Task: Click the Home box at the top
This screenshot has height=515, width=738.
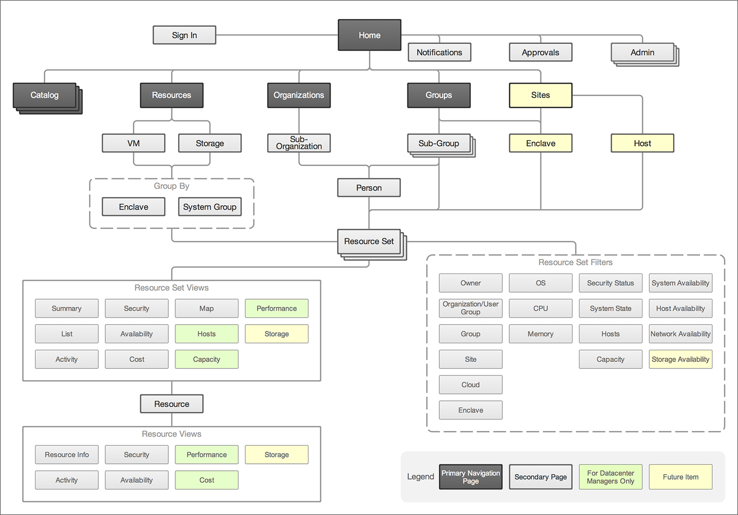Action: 369,35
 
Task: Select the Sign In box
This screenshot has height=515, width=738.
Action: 184,35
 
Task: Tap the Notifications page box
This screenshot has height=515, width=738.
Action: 439,52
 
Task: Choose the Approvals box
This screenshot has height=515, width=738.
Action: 540,52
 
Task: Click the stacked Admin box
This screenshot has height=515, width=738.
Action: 642,52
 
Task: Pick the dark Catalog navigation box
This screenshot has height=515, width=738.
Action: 44,95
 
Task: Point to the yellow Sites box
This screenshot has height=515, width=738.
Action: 540,95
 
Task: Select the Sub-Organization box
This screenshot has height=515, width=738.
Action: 299,143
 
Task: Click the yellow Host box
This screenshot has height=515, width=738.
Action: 642,143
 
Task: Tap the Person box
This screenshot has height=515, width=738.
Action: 369,187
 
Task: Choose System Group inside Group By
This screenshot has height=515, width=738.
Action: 210,207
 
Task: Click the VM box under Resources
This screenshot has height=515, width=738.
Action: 133,143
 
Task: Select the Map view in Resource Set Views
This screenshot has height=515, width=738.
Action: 206,308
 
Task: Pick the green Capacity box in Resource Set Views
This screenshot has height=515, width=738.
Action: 206,359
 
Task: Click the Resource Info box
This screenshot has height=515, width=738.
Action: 66,454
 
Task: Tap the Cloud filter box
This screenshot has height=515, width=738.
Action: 470,385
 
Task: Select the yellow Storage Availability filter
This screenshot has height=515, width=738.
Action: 680,359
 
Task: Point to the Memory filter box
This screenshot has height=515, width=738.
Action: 540,333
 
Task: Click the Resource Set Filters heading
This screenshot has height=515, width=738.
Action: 575,262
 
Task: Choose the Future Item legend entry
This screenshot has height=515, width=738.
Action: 680,477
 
